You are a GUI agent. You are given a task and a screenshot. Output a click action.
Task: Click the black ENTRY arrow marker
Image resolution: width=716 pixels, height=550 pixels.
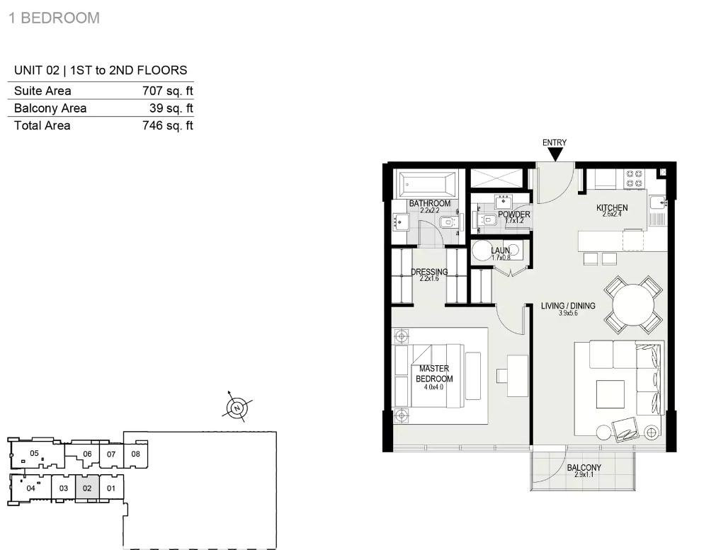(x=555, y=155)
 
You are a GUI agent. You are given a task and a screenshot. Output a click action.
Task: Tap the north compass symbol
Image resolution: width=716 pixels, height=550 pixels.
(x=237, y=408)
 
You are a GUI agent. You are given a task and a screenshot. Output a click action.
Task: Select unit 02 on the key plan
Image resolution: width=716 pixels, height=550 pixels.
(x=87, y=488)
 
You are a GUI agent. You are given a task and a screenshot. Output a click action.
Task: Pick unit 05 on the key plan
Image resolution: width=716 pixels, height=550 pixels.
(x=34, y=453)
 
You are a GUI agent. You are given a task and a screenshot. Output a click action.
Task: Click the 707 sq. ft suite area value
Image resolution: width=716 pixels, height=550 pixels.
(x=168, y=91)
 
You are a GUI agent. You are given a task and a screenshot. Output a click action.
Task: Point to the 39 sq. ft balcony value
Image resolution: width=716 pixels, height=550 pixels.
(x=171, y=108)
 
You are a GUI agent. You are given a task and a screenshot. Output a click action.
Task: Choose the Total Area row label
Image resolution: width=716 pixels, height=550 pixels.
(x=42, y=125)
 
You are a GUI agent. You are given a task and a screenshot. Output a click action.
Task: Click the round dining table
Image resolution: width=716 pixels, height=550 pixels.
(x=633, y=304)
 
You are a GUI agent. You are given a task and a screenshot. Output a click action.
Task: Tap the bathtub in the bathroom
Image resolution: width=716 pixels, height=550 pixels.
(x=427, y=185)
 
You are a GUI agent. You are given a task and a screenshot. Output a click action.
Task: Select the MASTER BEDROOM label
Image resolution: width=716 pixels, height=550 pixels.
(x=434, y=373)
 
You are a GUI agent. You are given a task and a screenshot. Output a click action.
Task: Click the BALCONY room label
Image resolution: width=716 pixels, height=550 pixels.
(x=584, y=467)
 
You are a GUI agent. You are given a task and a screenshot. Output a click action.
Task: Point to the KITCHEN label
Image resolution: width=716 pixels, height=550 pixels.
(x=612, y=207)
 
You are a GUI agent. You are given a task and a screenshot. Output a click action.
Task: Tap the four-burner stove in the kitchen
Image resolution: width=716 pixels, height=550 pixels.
(x=635, y=178)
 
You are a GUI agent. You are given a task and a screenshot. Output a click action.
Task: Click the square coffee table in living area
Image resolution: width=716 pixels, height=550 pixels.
(x=610, y=394)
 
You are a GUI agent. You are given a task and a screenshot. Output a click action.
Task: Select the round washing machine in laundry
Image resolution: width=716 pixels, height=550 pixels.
(x=482, y=250)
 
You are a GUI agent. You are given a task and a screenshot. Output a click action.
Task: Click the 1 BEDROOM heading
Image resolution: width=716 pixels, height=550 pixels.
(x=55, y=18)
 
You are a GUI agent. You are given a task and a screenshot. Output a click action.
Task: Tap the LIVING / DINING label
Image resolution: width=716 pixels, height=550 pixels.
(x=568, y=306)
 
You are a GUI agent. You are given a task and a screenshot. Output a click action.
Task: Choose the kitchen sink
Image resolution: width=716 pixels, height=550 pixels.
(x=657, y=201)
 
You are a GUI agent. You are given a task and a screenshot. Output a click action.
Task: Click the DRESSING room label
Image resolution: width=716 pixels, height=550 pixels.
(x=429, y=272)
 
